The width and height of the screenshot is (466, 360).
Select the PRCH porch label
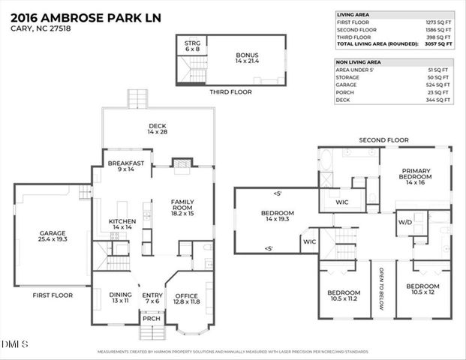152,318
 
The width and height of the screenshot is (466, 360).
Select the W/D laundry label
404,222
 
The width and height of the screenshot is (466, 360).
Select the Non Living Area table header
359,62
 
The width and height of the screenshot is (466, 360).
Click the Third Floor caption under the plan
230,92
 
